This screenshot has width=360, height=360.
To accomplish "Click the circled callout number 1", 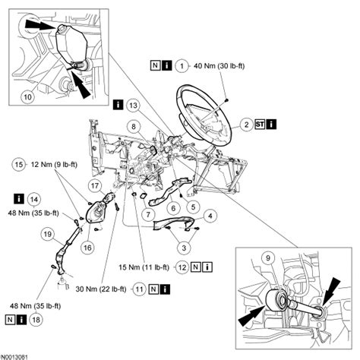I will [x=181, y=67].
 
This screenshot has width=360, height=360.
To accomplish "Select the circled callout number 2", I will [x=248, y=124].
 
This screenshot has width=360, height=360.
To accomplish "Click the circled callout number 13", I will [x=134, y=103].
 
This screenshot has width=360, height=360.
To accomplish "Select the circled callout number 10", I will [x=27, y=97].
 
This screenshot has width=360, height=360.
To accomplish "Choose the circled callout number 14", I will [x=33, y=199].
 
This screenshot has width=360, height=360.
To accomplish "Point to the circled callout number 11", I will [x=140, y=289].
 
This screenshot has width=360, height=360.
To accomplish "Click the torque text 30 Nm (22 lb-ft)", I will [x=100, y=289].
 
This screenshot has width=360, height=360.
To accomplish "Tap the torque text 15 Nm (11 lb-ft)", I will [x=144, y=267].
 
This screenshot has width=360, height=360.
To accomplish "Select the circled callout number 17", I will [x=93, y=185].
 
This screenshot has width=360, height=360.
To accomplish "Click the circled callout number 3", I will [x=181, y=246].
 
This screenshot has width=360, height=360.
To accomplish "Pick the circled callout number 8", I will [x=132, y=126].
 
